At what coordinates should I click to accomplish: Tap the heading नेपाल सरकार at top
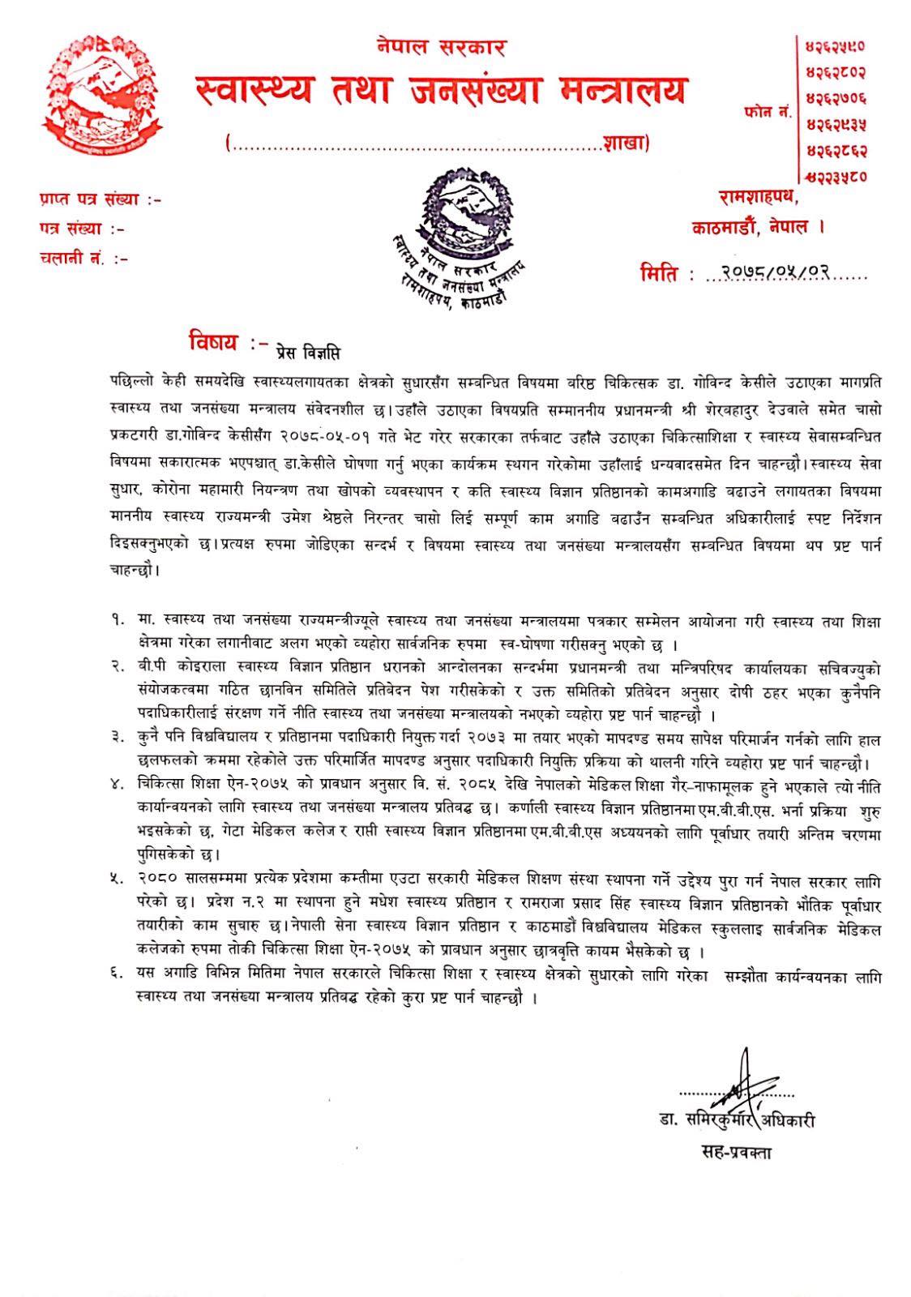[x=442, y=46]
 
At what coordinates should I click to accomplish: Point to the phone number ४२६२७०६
[x=836, y=99]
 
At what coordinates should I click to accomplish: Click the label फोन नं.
[x=765, y=113]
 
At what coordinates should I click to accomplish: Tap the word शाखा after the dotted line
[x=623, y=143]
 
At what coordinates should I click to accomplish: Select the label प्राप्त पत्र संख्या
[x=99, y=199]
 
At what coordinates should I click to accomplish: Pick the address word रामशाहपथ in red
[x=759, y=197]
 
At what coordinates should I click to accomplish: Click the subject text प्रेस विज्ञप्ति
[x=308, y=353]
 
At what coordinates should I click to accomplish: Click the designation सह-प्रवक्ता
[x=736, y=1152]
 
